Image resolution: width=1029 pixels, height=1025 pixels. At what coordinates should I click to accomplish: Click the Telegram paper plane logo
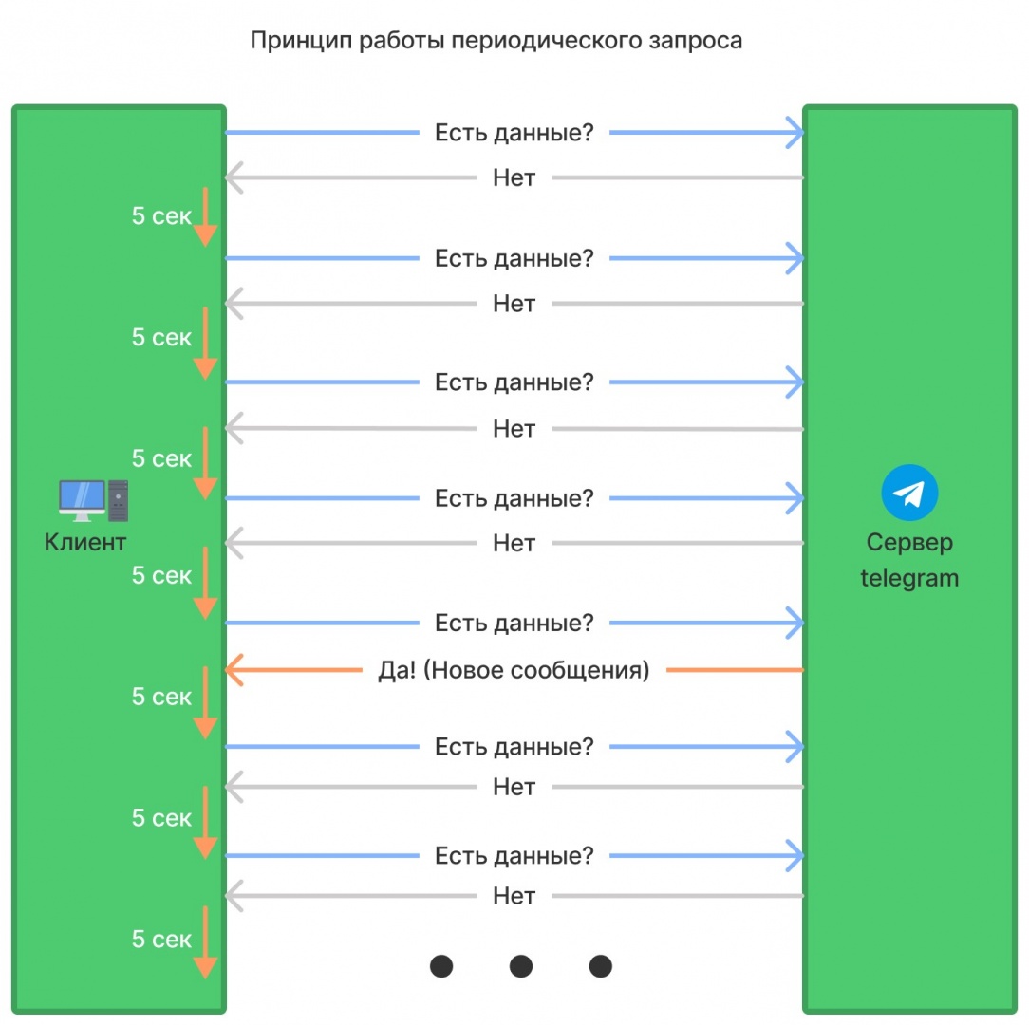coord(909,493)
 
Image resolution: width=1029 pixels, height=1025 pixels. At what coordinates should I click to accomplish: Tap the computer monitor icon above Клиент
coord(82,499)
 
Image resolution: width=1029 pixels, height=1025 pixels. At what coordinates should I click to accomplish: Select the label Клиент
coord(84,543)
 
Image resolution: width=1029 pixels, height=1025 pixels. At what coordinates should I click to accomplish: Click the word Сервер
coord(909,543)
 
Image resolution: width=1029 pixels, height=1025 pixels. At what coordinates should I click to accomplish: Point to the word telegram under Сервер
coord(909,578)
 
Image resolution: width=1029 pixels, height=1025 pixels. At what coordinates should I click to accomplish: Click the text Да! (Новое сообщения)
coord(514,671)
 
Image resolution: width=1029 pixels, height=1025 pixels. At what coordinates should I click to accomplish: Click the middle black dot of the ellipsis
coord(521,966)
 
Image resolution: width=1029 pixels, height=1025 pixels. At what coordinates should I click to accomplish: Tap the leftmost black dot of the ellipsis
coord(441,966)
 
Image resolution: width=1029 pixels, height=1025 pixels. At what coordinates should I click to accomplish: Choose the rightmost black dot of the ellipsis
coord(600,966)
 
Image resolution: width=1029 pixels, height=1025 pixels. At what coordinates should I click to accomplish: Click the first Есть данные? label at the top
coord(514,133)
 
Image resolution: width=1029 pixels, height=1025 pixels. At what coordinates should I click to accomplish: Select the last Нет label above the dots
coord(514,895)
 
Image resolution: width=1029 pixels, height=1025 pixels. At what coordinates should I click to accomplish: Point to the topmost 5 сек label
coord(161,216)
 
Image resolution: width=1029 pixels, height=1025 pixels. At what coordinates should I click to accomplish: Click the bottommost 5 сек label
coord(161,940)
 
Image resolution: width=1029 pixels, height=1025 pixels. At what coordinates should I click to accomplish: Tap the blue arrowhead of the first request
coord(795,133)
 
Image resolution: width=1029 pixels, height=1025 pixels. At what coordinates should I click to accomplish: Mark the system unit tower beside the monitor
coord(118,500)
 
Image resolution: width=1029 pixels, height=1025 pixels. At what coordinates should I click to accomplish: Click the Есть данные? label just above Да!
coord(514,624)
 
